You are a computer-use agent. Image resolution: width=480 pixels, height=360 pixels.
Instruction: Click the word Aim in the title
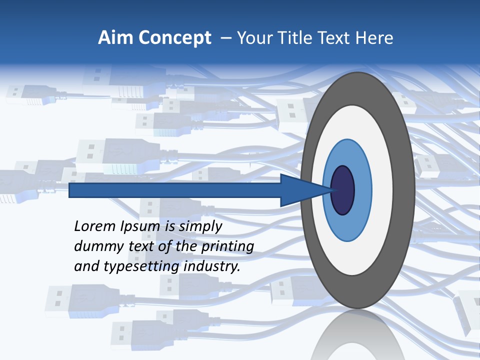click(115, 38)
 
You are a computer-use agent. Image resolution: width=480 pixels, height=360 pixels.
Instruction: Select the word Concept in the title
click(174, 38)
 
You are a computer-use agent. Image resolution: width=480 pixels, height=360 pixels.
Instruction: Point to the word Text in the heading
click(335, 38)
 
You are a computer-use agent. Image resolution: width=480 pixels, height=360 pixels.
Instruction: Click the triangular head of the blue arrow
click(300, 190)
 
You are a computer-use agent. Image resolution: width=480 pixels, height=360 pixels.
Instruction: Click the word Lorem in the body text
click(94, 226)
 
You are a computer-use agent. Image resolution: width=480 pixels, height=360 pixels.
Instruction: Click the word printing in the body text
click(227, 247)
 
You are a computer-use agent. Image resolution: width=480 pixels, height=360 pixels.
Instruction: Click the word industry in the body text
click(212, 266)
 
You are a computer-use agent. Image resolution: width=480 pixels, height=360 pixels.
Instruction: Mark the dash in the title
click(226, 38)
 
